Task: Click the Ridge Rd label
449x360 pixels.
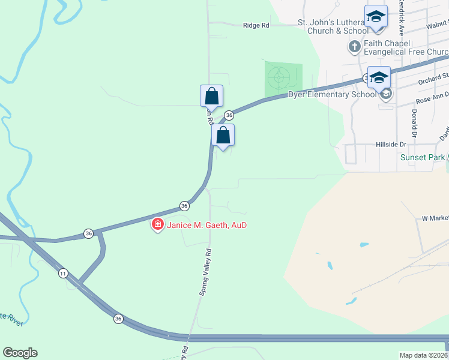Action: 256,25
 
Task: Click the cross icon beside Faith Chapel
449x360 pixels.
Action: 354,46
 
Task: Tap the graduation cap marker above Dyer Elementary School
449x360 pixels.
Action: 379,77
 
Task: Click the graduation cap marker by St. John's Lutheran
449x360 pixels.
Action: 376,16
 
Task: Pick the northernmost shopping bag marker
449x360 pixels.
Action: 211,96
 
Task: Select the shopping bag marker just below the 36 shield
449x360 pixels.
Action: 223,135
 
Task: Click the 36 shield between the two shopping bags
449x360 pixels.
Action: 229,115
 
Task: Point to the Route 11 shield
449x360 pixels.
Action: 63,274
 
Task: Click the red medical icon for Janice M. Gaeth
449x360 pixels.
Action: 158,225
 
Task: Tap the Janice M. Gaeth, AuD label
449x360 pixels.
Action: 206,225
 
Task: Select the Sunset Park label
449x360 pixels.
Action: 423,158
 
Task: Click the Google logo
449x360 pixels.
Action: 20,353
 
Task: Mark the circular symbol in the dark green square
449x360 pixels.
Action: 279,77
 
